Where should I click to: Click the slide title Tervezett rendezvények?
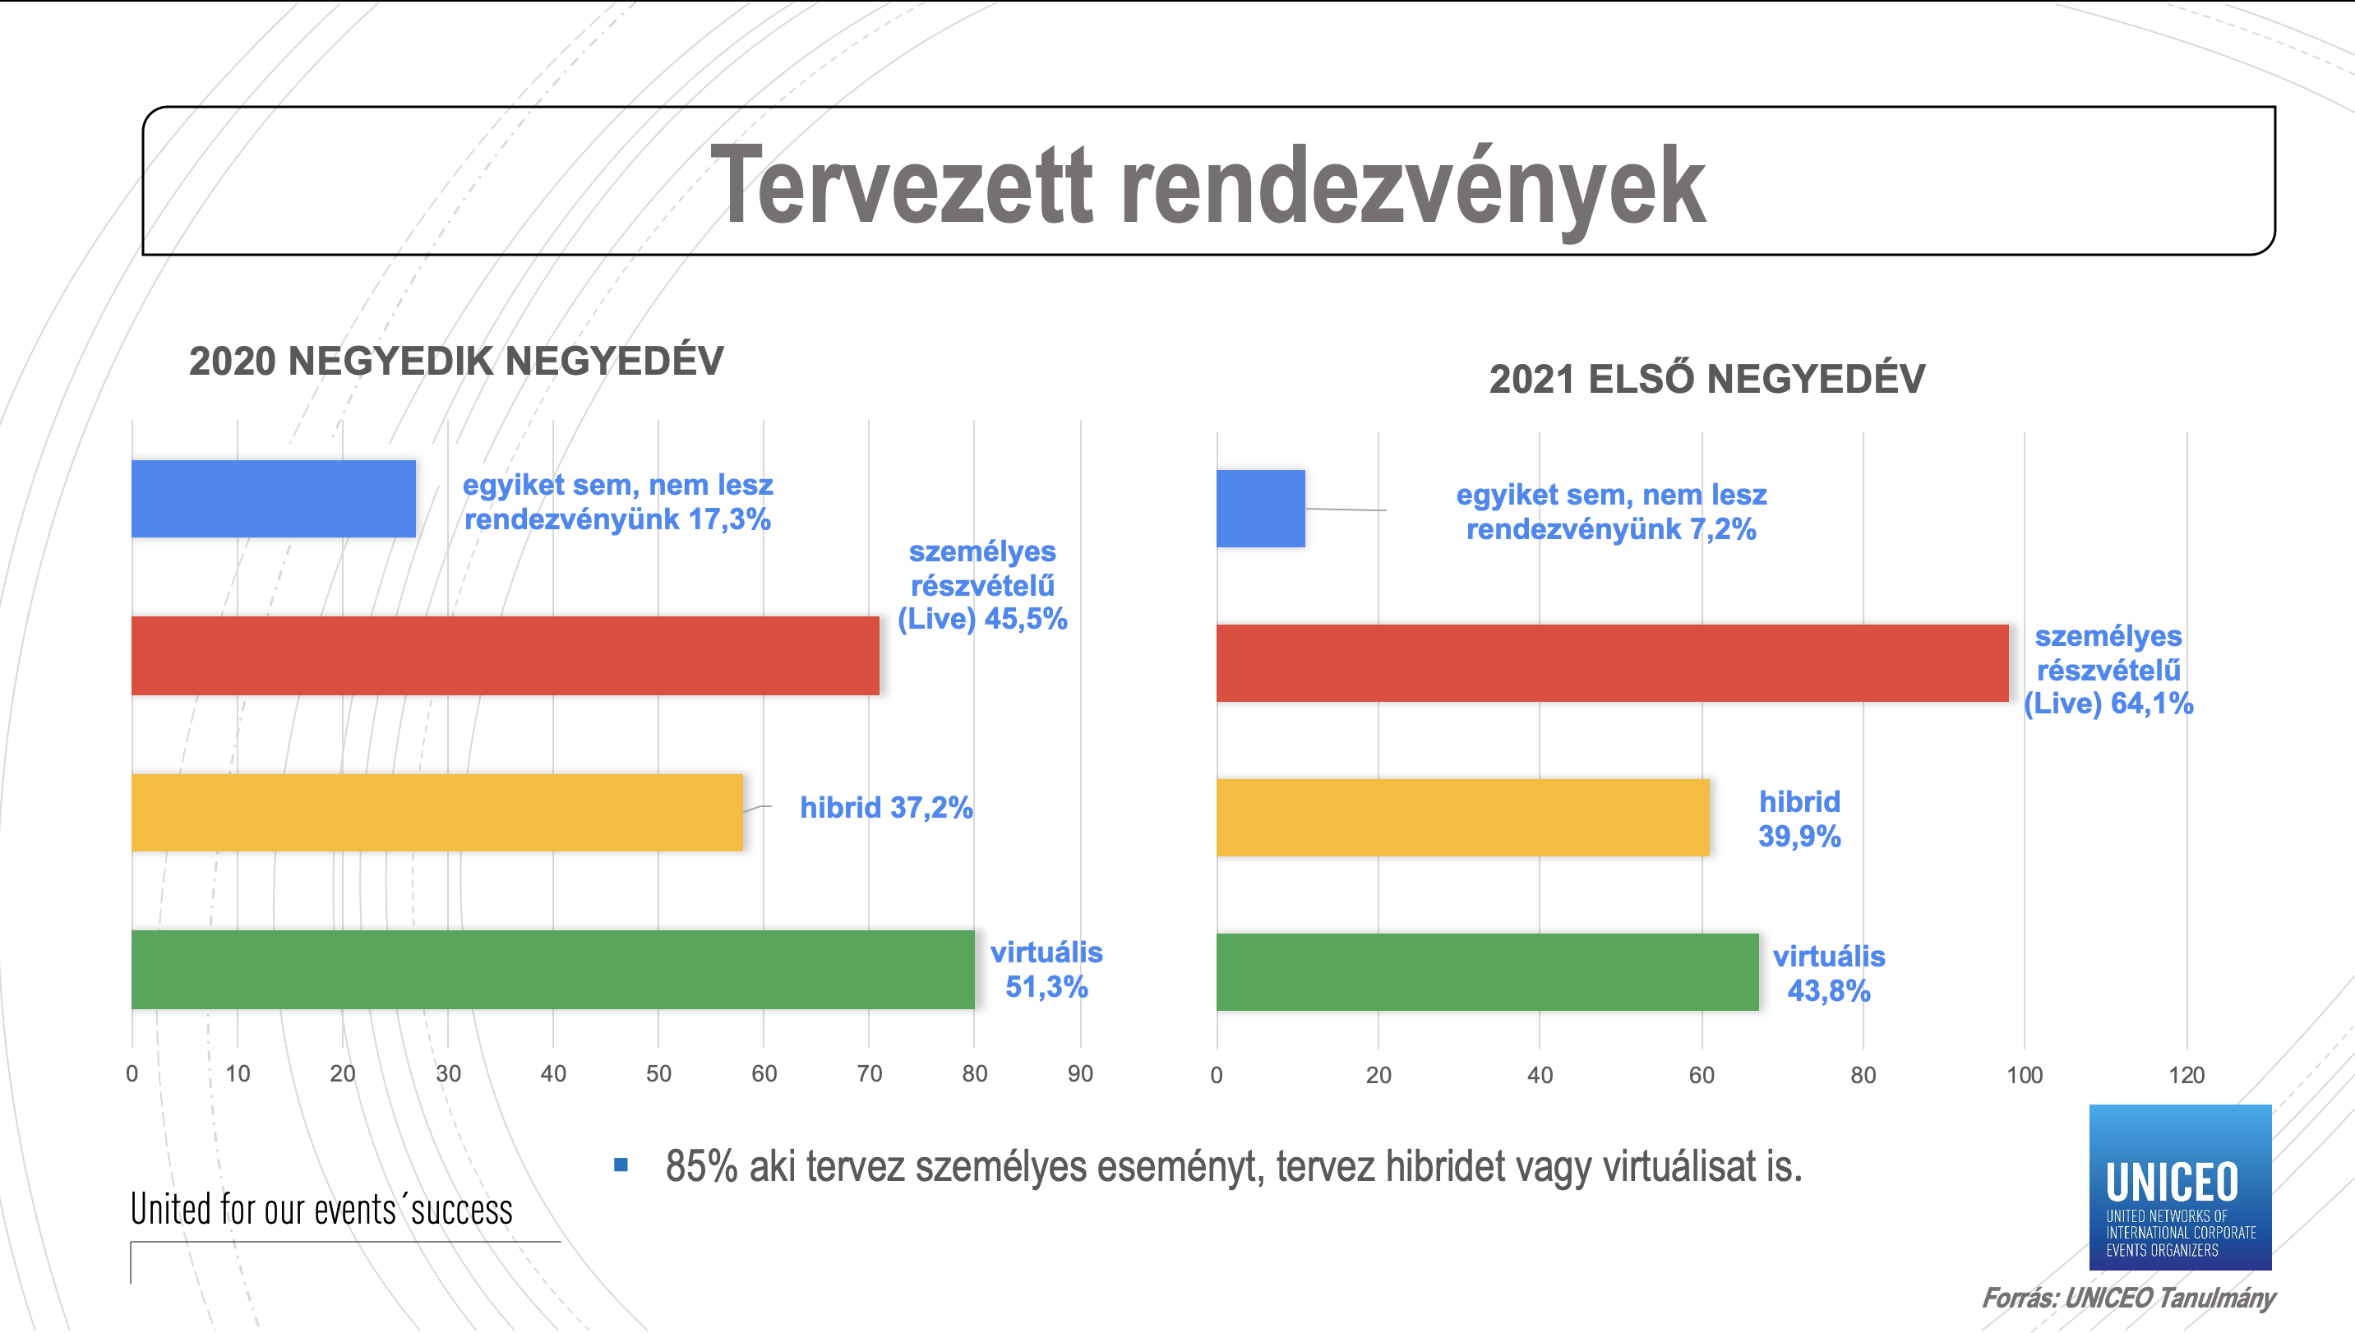[1208, 185]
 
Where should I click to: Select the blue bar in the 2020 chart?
[274, 498]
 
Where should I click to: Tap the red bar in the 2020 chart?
[506, 656]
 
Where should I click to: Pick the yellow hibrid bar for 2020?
[437, 813]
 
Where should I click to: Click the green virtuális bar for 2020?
[553, 970]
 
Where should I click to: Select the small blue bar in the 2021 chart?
[1261, 509]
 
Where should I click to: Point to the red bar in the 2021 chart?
[1613, 663]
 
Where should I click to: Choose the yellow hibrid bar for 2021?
[1463, 818]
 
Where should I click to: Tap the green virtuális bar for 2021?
[1488, 972]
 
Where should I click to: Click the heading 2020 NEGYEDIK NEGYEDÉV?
[456, 361]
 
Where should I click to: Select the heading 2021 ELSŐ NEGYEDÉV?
[1706, 379]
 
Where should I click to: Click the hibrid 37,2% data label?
[885, 808]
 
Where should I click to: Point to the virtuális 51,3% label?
[1046, 970]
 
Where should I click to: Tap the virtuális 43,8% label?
[1828, 973]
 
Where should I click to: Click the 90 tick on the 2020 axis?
[1080, 1074]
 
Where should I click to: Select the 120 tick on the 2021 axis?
[2186, 1076]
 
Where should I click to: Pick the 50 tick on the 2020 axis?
[658, 1074]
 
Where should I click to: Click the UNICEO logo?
[2180, 1188]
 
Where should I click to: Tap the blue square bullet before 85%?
[621, 1165]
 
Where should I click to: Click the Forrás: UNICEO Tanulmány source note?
[2128, 1298]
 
